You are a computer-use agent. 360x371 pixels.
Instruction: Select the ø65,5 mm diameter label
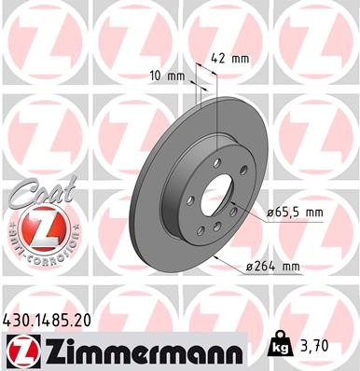click(x=297, y=213)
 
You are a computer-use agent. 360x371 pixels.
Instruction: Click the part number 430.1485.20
click(x=53, y=320)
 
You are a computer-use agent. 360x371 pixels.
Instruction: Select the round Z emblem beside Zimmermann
click(x=20, y=351)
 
